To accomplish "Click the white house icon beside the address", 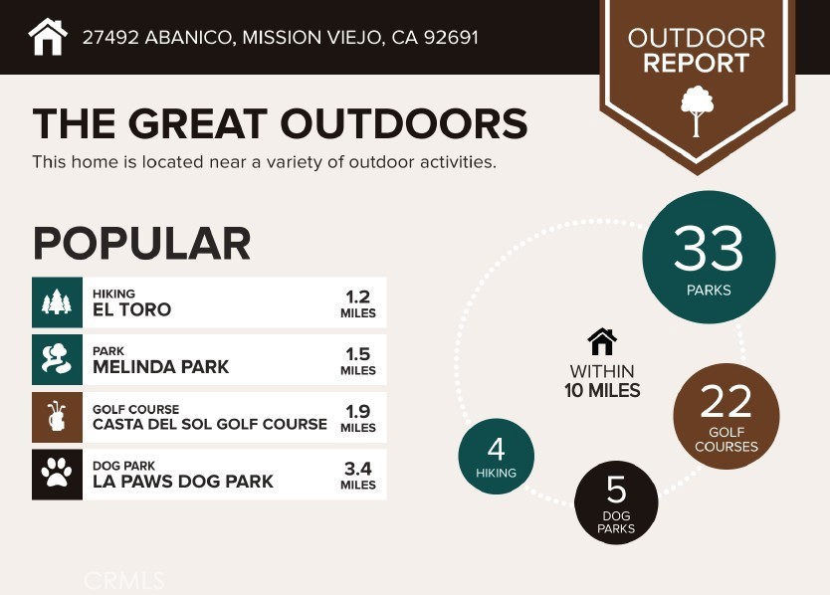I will pyautogui.click(x=48, y=37).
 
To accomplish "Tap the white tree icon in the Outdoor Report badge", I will pyautogui.click(x=696, y=110).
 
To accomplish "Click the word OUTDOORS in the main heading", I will pyautogui.click(x=403, y=124).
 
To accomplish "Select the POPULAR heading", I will pyautogui.click(x=141, y=244).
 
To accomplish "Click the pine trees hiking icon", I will pyautogui.click(x=57, y=302).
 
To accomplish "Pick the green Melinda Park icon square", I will pyautogui.click(x=57, y=359).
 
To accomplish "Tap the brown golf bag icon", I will pyautogui.click(x=57, y=417).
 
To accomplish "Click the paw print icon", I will pyautogui.click(x=57, y=474).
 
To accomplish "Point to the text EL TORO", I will pyautogui.click(x=131, y=309).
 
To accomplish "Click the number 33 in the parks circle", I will pyautogui.click(x=709, y=249).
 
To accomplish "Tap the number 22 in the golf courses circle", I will pyautogui.click(x=726, y=403).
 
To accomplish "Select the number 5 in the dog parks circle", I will pyautogui.click(x=616, y=491).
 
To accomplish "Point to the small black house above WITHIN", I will pyautogui.click(x=602, y=342).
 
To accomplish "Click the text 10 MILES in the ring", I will pyautogui.click(x=602, y=391).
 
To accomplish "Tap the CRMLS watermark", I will pyautogui.click(x=124, y=580).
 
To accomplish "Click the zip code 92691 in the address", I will pyautogui.click(x=451, y=38).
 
